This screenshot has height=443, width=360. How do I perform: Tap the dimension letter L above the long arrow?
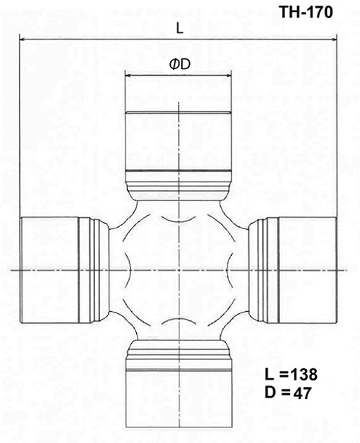[178, 27]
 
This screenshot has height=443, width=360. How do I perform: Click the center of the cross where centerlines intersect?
[178, 269]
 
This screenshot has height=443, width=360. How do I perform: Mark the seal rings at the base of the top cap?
[178, 178]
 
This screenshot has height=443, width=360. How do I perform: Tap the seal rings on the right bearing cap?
[266, 269]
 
